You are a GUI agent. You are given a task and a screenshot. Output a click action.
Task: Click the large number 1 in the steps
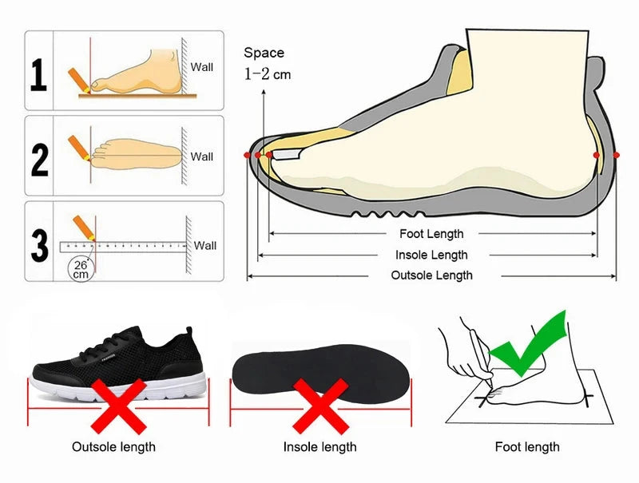tap(38, 76)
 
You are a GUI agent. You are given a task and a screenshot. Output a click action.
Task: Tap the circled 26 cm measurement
tap(81, 268)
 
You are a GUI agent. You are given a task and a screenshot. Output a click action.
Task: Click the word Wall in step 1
tap(201, 67)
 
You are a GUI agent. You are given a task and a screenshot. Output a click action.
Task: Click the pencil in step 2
tap(80, 147)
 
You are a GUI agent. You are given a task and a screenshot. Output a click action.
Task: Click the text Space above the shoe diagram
tap(264, 53)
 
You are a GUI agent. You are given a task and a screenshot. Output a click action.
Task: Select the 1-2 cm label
tap(268, 75)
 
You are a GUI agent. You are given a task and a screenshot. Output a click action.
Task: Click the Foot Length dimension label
tap(431, 234)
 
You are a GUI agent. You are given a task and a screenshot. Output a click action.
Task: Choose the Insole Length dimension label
tap(431, 255)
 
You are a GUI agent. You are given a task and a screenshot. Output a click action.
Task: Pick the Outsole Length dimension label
tap(431, 275)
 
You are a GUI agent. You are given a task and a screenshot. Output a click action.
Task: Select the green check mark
tap(529, 345)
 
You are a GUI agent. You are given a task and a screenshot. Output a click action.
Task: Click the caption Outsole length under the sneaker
tap(113, 447)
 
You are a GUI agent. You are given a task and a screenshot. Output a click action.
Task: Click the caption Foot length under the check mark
tap(527, 447)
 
